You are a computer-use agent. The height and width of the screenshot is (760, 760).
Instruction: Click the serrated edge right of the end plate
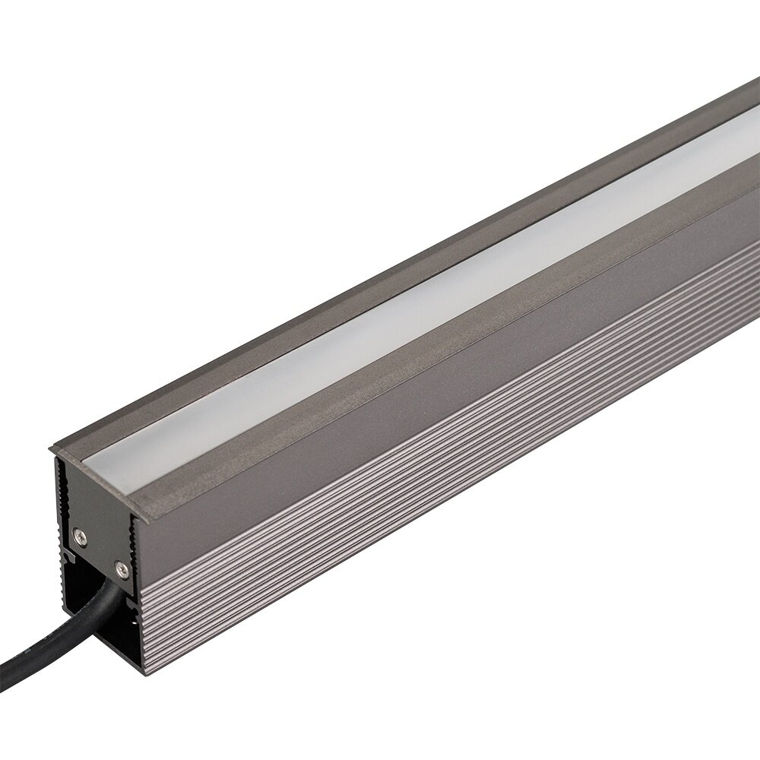[136, 547]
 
